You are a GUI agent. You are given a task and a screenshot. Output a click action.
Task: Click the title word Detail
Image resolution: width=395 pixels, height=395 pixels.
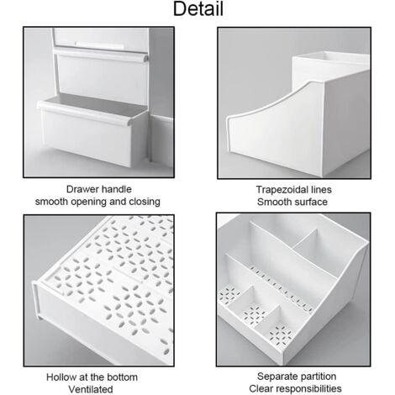click(x=197, y=11)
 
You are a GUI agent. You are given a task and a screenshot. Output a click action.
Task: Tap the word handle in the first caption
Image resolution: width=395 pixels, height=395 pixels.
click(x=118, y=189)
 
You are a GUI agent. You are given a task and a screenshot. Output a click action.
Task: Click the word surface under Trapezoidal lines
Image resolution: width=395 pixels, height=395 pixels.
click(x=309, y=203)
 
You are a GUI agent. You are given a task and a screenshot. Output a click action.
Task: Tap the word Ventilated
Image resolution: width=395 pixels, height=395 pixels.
click(x=97, y=388)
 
